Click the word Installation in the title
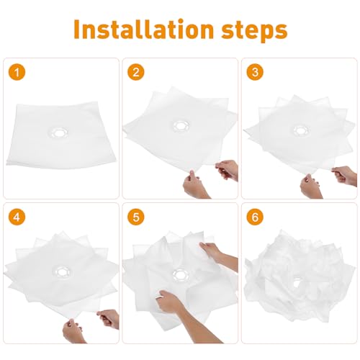coord(143,29)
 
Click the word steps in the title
coord(254,31)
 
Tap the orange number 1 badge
coord(17,72)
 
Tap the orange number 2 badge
coord(136,72)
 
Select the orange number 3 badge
coord(255,72)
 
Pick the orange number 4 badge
coord(17,217)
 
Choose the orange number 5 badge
coord(136,217)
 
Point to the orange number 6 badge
coord(255,217)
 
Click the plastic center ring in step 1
coord(58,132)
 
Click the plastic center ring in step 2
coord(181,125)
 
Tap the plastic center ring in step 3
coord(300,130)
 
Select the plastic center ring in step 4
coord(63,272)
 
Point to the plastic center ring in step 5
coord(181,275)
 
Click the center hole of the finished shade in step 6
coord(297,283)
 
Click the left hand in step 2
coord(196,184)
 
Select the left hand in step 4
coord(73,331)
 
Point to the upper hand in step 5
coord(217,254)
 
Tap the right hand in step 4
coord(108,319)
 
